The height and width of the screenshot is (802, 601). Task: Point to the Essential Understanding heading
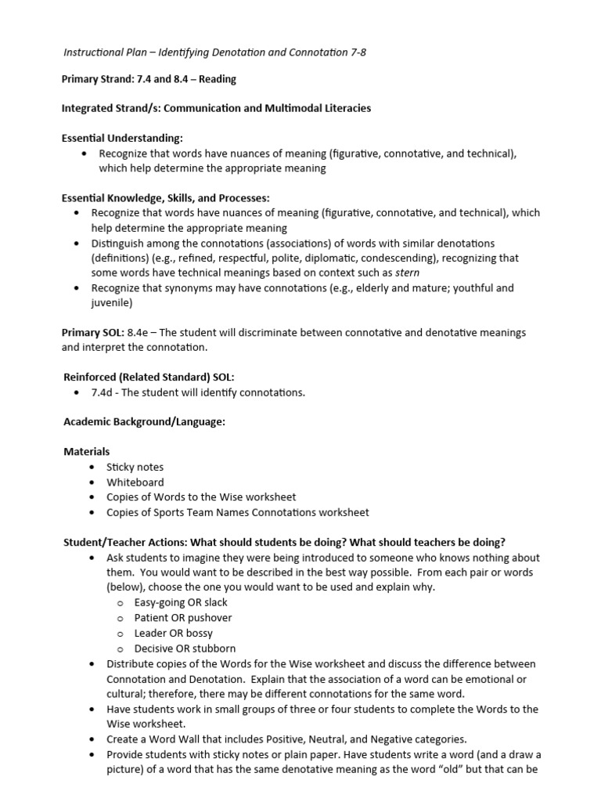(x=121, y=138)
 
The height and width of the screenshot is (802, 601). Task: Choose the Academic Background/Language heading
(x=144, y=422)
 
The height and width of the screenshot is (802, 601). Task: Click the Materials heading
(x=86, y=452)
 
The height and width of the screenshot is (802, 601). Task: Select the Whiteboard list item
(x=135, y=482)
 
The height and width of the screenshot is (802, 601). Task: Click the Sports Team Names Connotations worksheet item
(x=238, y=512)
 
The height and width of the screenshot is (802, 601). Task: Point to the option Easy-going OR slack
(x=181, y=602)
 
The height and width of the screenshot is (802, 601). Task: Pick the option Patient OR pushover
(x=182, y=618)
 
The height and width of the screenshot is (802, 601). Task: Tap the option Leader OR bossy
(x=173, y=633)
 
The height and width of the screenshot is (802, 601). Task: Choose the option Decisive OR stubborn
(x=185, y=648)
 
